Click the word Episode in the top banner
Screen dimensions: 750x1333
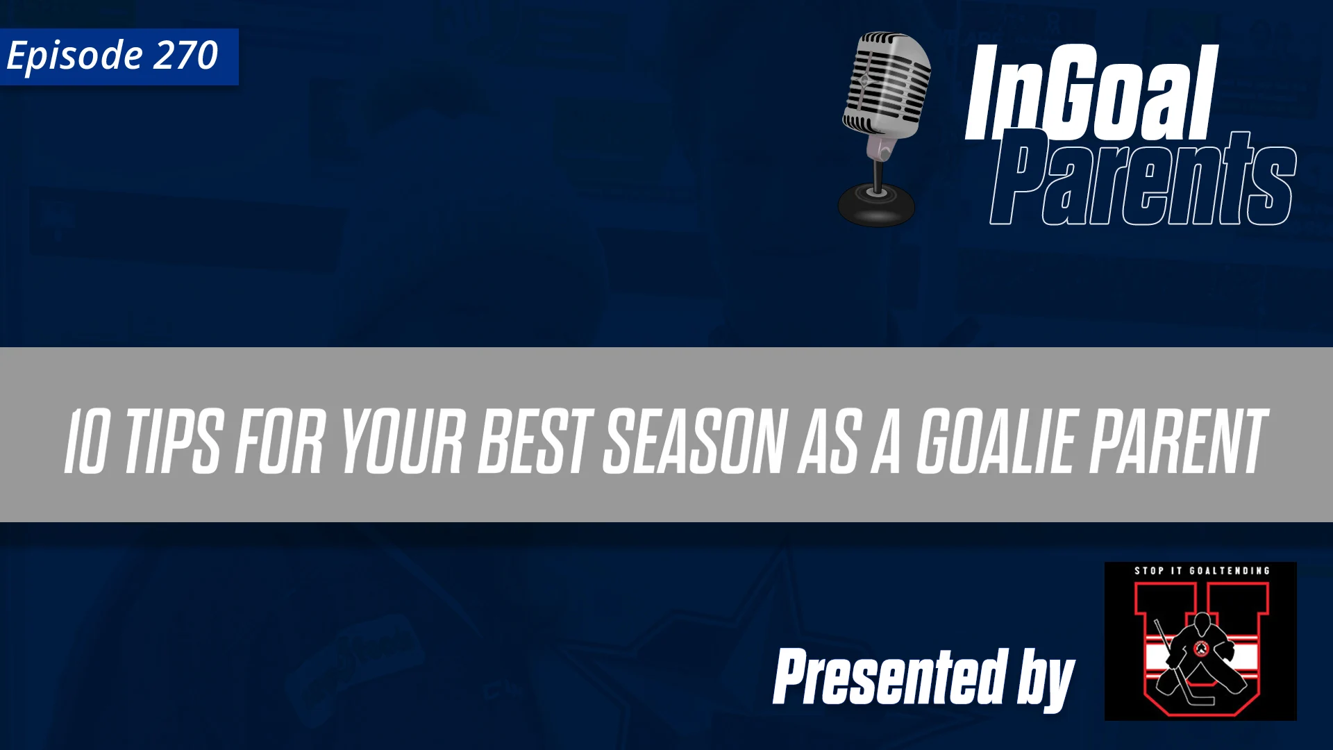pyautogui.click(x=74, y=56)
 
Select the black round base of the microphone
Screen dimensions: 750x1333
pyautogui.click(x=876, y=206)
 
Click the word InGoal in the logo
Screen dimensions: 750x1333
pyautogui.click(x=1091, y=94)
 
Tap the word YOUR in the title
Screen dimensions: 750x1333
pyautogui.click(x=403, y=442)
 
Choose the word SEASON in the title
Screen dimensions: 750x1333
pyautogui.click(x=694, y=442)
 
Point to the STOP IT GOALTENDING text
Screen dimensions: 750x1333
pyautogui.click(x=1202, y=571)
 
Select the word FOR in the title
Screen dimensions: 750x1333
pyautogui.click(x=280, y=442)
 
